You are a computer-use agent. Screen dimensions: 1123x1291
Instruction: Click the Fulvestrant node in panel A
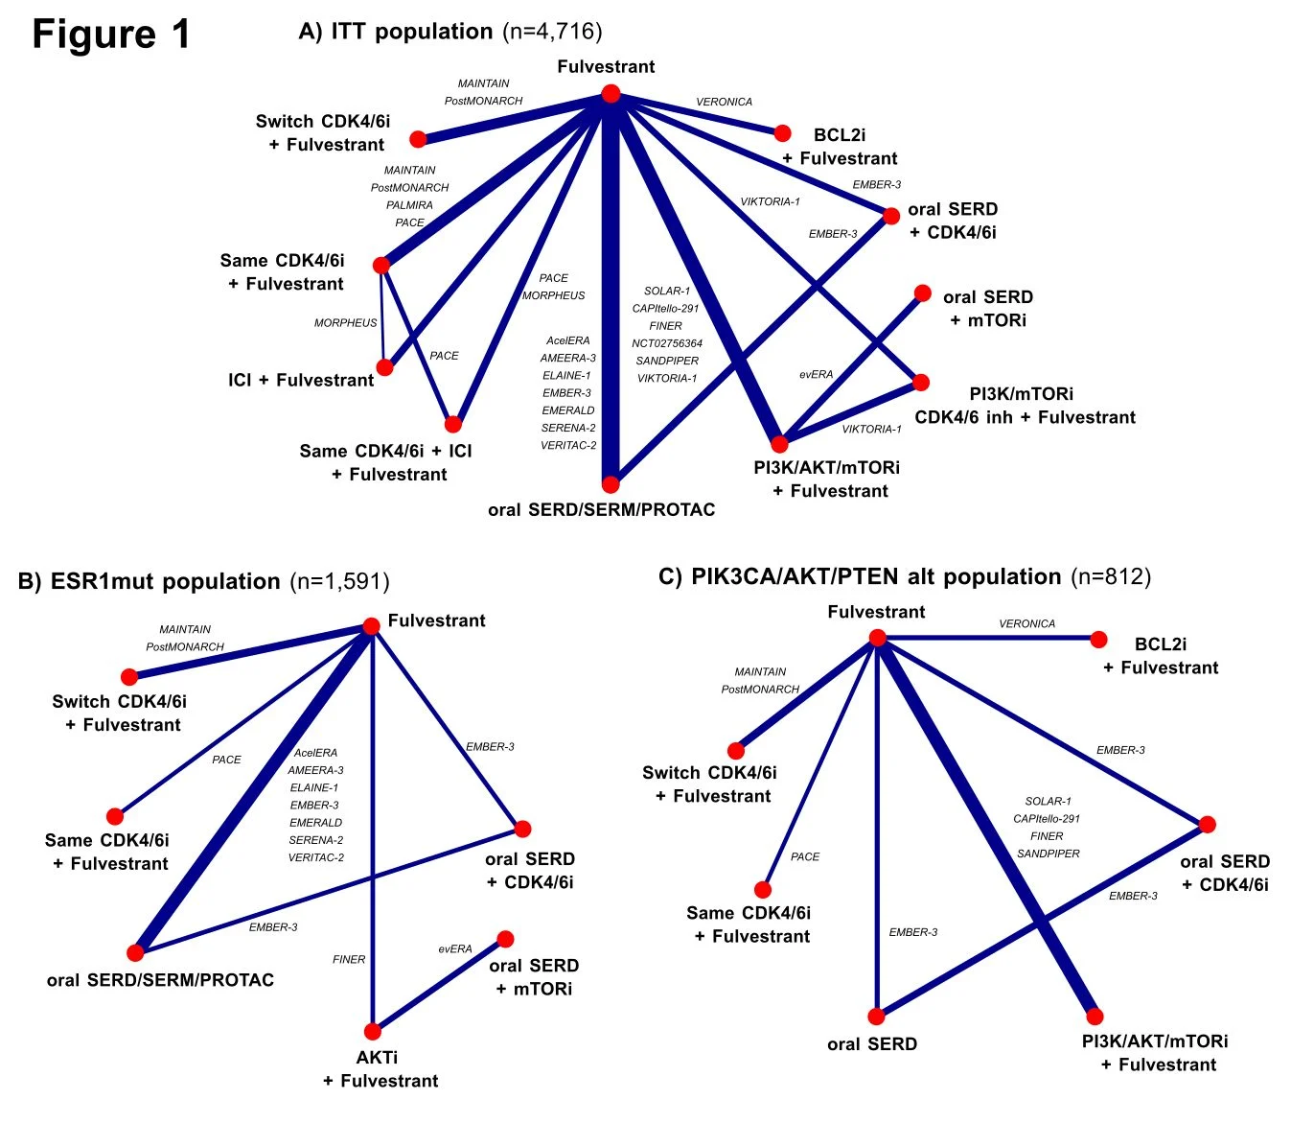(x=611, y=93)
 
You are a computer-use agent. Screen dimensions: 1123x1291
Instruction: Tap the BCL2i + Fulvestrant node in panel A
(x=782, y=133)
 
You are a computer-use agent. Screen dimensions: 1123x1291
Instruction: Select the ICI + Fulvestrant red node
(x=384, y=367)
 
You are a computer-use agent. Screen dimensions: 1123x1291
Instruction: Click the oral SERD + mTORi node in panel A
(x=922, y=293)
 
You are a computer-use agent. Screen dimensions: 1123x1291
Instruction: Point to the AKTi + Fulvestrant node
(x=373, y=1032)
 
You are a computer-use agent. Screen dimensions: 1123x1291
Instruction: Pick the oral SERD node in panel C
(x=876, y=1017)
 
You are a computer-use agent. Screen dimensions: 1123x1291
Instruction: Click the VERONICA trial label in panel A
(x=724, y=102)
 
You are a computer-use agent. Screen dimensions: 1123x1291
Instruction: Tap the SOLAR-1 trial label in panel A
(x=667, y=291)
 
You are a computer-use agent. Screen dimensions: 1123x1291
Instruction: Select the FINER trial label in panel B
(x=349, y=959)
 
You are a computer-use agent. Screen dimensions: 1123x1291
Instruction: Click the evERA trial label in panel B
(x=455, y=949)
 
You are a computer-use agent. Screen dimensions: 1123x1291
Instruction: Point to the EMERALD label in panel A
(x=568, y=410)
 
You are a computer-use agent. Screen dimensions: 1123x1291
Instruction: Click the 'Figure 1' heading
(x=111, y=35)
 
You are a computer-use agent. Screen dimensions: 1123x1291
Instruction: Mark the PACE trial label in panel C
(x=805, y=856)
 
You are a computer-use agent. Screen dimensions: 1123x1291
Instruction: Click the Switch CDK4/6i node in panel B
(x=129, y=677)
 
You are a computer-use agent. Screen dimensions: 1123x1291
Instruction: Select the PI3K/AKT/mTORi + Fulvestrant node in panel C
(x=1095, y=1017)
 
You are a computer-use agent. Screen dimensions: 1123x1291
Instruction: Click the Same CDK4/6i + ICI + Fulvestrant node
(x=453, y=424)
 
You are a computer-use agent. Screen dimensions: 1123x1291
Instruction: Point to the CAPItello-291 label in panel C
(x=1047, y=819)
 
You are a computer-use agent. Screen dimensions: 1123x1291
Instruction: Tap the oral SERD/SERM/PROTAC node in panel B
(x=135, y=952)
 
